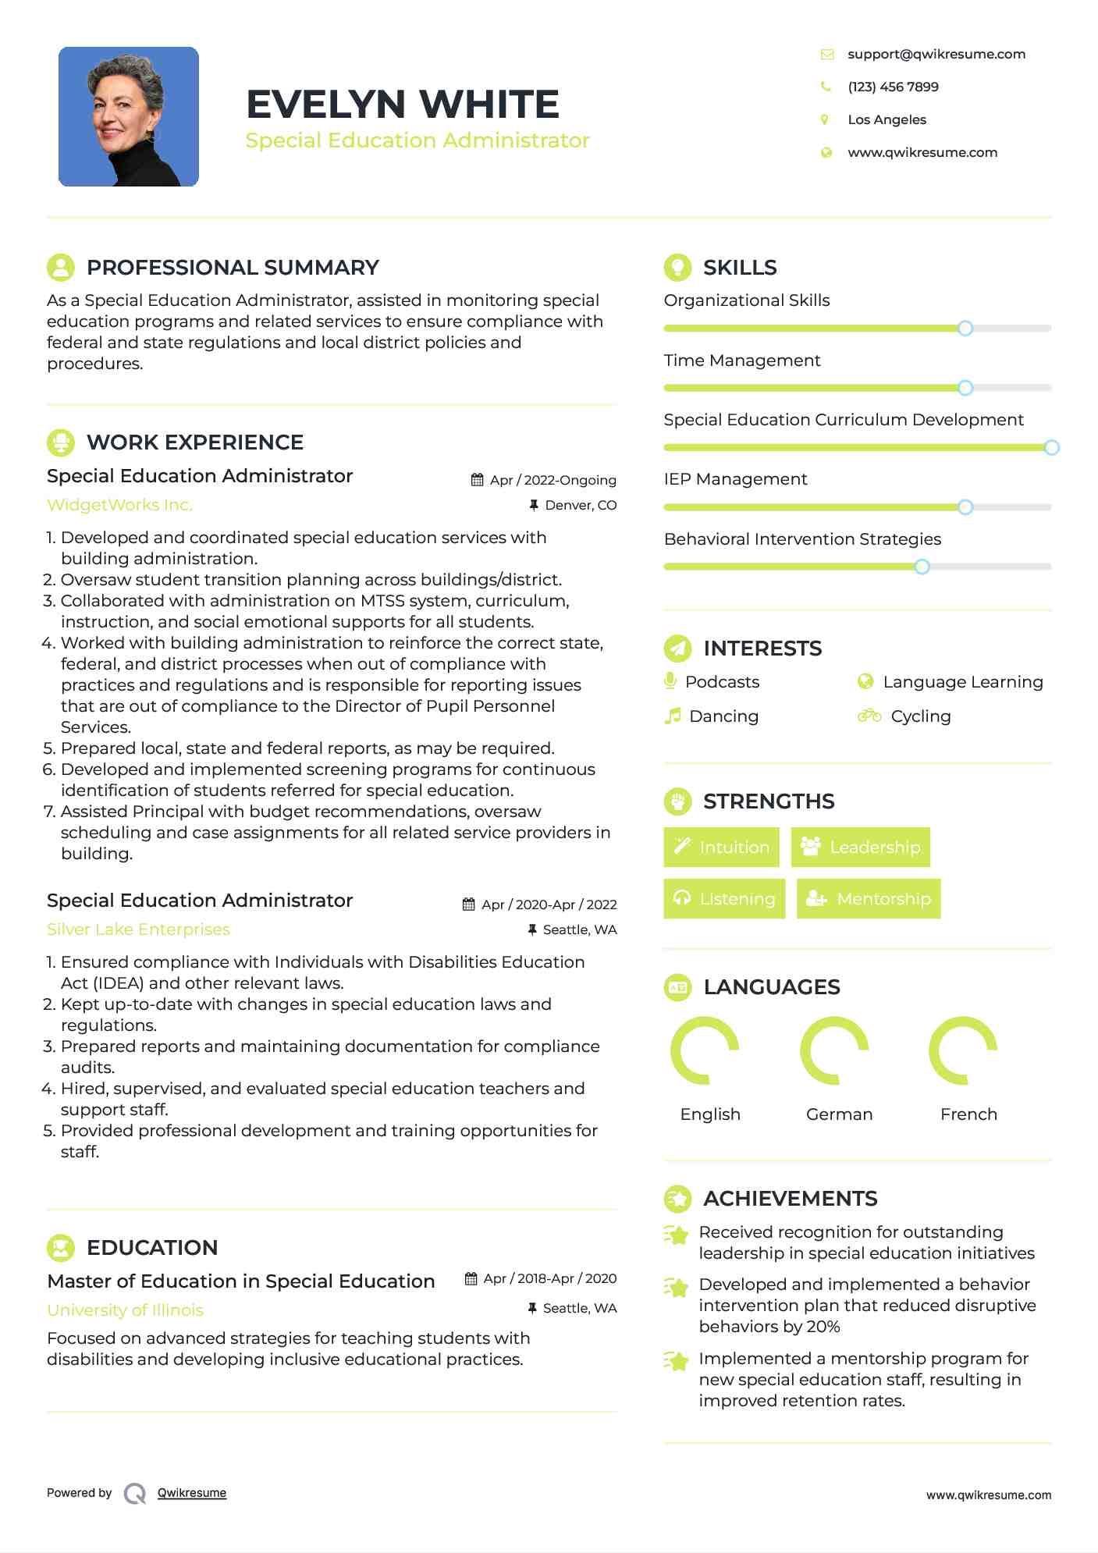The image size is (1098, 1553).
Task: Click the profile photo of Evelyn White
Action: pos(129,117)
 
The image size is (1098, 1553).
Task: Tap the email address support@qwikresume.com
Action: pos(936,54)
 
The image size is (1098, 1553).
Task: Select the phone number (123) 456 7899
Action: pos(893,87)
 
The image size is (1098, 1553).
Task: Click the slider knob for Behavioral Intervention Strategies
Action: pos(922,567)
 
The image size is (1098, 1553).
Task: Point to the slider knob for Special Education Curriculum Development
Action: pos(1051,447)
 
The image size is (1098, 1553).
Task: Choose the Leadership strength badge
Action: pos(861,848)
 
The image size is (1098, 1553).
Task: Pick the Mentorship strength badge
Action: pos(869,899)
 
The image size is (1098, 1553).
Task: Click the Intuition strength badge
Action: pos(721,848)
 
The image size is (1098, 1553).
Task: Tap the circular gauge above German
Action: pos(834,1050)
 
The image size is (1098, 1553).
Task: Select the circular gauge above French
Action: pos(963,1050)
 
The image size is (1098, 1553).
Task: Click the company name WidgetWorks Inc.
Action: pos(119,505)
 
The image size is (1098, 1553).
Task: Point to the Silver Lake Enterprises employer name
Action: pos(138,929)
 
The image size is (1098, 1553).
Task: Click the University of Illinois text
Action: pos(125,1310)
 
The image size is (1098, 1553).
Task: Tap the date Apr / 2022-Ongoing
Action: pos(553,480)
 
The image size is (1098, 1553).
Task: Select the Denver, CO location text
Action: pos(581,506)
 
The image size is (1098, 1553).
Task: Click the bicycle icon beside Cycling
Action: pos(869,716)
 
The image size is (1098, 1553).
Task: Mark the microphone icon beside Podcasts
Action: pos(670,681)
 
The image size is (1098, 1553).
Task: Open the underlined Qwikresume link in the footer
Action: pos(192,1493)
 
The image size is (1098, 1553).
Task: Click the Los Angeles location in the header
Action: pos(887,119)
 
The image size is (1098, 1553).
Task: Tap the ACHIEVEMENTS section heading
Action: pos(790,1199)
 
